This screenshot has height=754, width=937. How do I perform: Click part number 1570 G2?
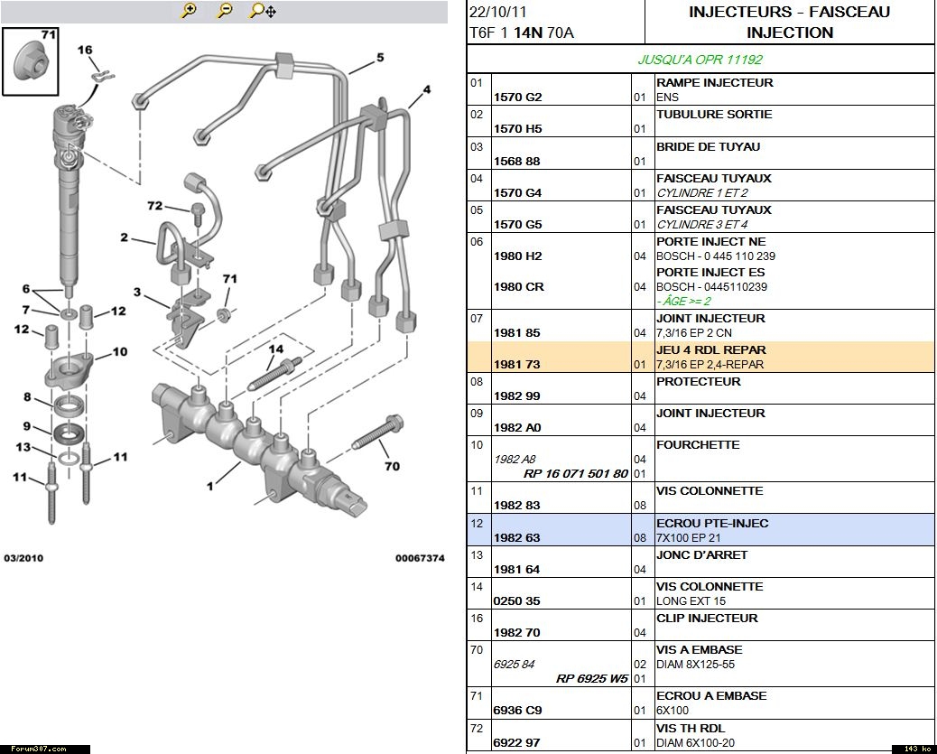pyautogui.click(x=517, y=98)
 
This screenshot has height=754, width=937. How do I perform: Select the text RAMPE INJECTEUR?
pyautogui.click(x=714, y=82)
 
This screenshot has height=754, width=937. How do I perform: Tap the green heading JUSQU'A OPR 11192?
pyautogui.click(x=700, y=60)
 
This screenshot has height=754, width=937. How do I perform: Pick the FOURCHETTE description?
pyautogui.click(x=698, y=444)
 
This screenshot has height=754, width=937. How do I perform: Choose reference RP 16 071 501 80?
pyautogui.click(x=576, y=473)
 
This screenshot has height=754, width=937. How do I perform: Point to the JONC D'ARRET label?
pyautogui.click(x=701, y=554)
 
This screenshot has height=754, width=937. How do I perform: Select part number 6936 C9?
pyautogui.click(x=517, y=711)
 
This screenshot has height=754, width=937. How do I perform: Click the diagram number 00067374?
pyautogui.click(x=419, y=558)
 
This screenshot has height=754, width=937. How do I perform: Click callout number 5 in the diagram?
pyautogui.click(x=380, y=58)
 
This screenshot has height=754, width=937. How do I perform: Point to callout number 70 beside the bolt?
pyautogui.click(x=392, y=467)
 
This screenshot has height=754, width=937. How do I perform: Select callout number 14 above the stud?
pyautogui.click(x=275, y=349)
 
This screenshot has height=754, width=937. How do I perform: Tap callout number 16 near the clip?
pyautogui.click(x=85, y=51)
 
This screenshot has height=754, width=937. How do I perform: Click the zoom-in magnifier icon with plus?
pyautogui.click(x=189, y=11)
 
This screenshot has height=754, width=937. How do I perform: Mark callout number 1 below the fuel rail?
pyautogui.click(x=210, y=486)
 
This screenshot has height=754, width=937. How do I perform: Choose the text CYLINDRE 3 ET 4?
pyautogui.click(x=701, y=224)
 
